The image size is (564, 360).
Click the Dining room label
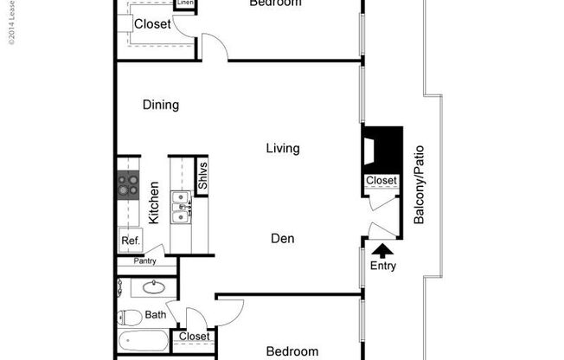tap(161, 106)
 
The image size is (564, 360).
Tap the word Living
tap(282, 149)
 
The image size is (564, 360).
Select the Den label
tap(282, 237)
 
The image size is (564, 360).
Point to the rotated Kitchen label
tap(154, 203)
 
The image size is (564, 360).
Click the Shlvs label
tap(202, 177)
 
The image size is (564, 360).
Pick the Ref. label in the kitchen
tap(130, 241)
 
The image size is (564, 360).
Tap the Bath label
tap(156, 315)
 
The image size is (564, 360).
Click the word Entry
tap(382, 266)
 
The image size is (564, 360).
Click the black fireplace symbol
tap(382, 150)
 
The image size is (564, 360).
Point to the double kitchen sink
tap(182, 207)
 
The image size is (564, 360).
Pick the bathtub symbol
tap(142, 342)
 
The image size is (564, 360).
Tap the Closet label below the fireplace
tap(381, 181)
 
